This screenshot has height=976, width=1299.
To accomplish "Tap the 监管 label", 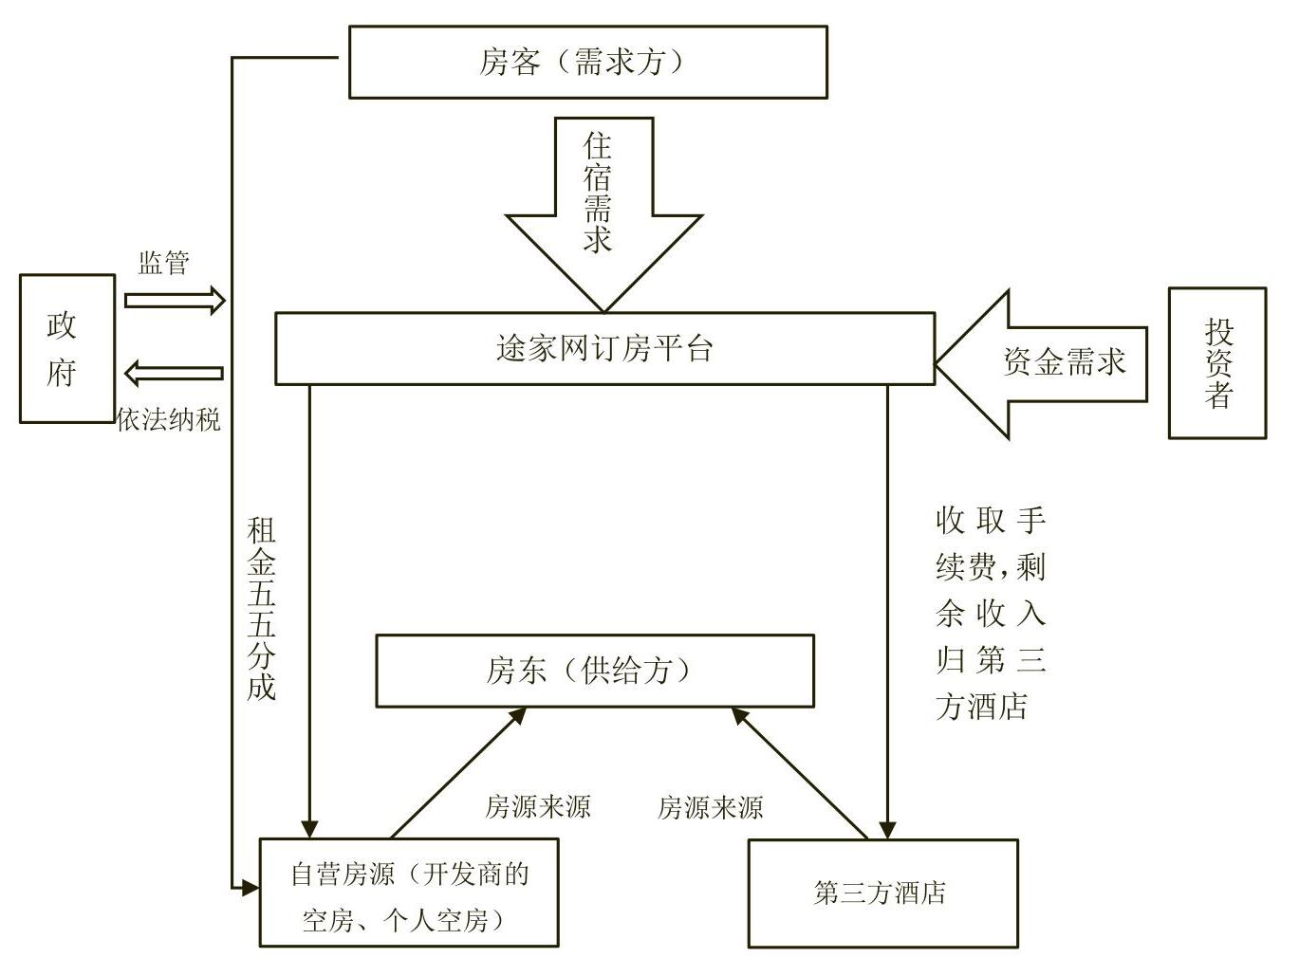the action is coord(164,263).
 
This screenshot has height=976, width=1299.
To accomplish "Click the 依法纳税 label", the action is coord(169,419).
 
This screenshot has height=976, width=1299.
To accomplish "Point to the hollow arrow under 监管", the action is coord(175,301).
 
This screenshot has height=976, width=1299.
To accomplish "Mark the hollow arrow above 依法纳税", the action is coord(174,374).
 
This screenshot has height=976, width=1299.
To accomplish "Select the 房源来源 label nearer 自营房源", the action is coord(537,807).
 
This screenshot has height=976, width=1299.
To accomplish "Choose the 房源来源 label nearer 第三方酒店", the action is coord(710,808).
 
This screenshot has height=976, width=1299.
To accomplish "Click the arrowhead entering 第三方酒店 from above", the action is coord(886,830).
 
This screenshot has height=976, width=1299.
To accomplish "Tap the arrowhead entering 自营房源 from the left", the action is coord(251,888).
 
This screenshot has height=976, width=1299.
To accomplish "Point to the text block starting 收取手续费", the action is coord(990,613).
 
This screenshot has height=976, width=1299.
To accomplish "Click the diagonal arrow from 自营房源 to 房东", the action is coord(458,772).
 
